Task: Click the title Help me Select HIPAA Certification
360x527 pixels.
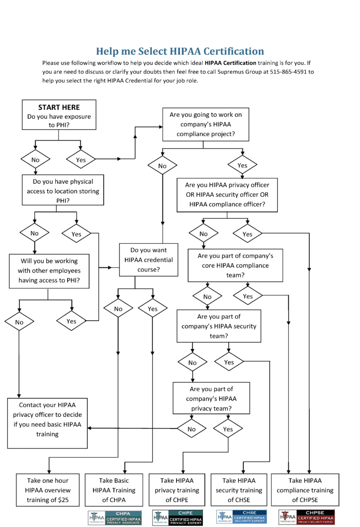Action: click(x=180, y=51)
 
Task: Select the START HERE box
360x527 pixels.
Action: click(x=59, y=114)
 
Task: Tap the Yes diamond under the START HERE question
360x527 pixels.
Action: click(x=81, y=160)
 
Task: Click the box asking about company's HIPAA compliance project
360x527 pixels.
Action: click(x=206, y=124)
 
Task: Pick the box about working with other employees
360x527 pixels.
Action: click(x=49, y=271)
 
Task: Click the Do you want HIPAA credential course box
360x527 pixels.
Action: click(x=149, y=260)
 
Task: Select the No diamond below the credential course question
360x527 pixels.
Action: click(x=118, y=309)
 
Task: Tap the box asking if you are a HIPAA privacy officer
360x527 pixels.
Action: click(x=227, y=195)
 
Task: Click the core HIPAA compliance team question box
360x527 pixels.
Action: click(x=235, y=265)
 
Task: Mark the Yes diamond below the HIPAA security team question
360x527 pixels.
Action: click(x=229, y=362)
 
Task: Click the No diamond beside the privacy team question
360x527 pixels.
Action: click(x=191, y=429)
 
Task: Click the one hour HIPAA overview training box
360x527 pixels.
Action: click(x=47, y=490)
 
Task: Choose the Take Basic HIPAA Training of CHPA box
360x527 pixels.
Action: click(x=114, y=490)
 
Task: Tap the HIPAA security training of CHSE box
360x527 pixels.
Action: click(x=239, y=490)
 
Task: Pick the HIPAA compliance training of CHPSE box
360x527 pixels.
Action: click(x=305, y=490)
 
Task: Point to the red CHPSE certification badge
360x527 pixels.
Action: click(x=307, y=517)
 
